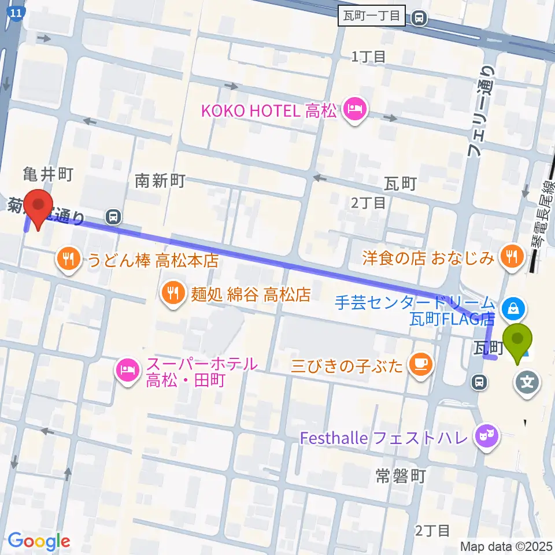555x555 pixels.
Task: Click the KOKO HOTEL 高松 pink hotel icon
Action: point(354,110)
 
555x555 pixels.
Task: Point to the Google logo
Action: point(39,542)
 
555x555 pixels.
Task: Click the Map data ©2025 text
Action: point(506,545)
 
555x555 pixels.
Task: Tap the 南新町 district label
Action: point(160,181)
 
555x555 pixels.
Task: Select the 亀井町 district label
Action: point(47,172)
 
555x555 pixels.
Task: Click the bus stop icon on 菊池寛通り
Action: point(113,217)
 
